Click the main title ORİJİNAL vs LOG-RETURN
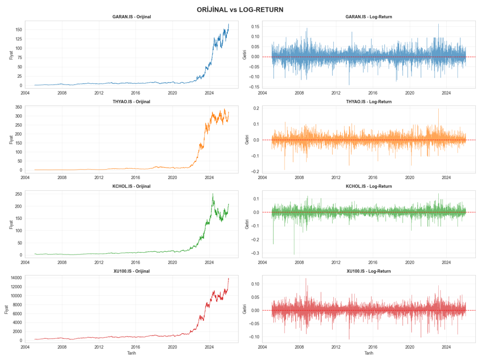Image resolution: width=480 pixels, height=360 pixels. (240, 9)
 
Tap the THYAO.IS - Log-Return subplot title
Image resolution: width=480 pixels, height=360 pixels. (369, 102)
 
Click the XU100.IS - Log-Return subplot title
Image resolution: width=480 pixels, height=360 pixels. (369, 271)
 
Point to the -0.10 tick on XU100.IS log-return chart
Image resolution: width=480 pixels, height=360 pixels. (253, 337)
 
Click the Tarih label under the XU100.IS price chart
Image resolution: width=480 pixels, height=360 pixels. (131, 353)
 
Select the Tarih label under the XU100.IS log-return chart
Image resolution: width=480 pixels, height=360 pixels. (369, 353)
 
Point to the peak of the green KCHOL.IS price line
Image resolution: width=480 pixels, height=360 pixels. (213, 194)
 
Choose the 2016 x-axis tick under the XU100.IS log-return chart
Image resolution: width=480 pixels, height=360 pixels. (373, 347)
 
